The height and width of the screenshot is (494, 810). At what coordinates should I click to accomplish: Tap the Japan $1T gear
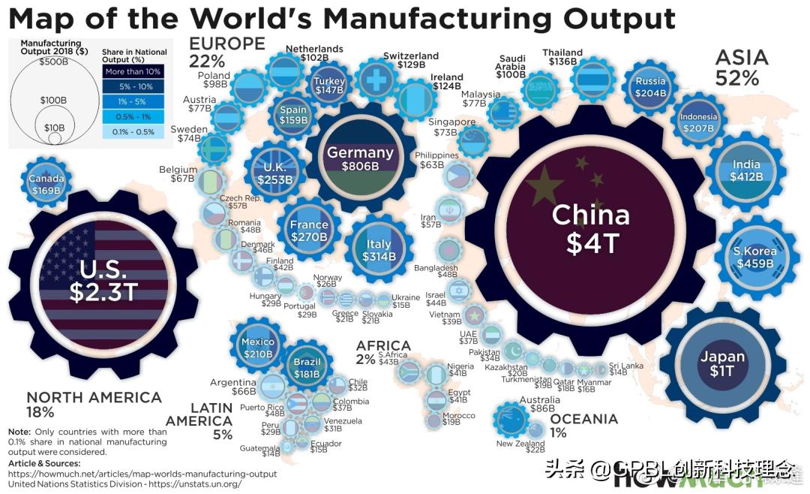722,363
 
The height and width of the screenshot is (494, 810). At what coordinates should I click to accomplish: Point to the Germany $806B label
360,158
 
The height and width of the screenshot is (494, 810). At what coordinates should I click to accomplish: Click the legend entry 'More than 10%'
133,72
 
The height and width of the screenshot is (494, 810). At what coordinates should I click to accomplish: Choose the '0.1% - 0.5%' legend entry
133,132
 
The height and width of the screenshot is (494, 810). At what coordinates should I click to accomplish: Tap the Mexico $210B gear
258,348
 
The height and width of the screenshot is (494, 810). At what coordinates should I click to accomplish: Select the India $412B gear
745,170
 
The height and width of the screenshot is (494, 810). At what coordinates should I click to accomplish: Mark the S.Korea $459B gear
754,256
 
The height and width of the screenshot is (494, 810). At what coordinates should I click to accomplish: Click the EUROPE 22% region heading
226,52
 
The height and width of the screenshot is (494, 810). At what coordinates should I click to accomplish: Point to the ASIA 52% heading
741,67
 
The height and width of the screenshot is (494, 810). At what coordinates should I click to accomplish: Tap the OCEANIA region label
583,419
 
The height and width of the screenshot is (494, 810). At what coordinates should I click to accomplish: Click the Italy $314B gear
379,250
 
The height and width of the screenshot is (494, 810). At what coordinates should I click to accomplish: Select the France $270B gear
308,230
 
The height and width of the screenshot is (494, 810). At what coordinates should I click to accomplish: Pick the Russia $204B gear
649,87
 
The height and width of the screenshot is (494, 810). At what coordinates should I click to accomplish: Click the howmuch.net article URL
142,474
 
